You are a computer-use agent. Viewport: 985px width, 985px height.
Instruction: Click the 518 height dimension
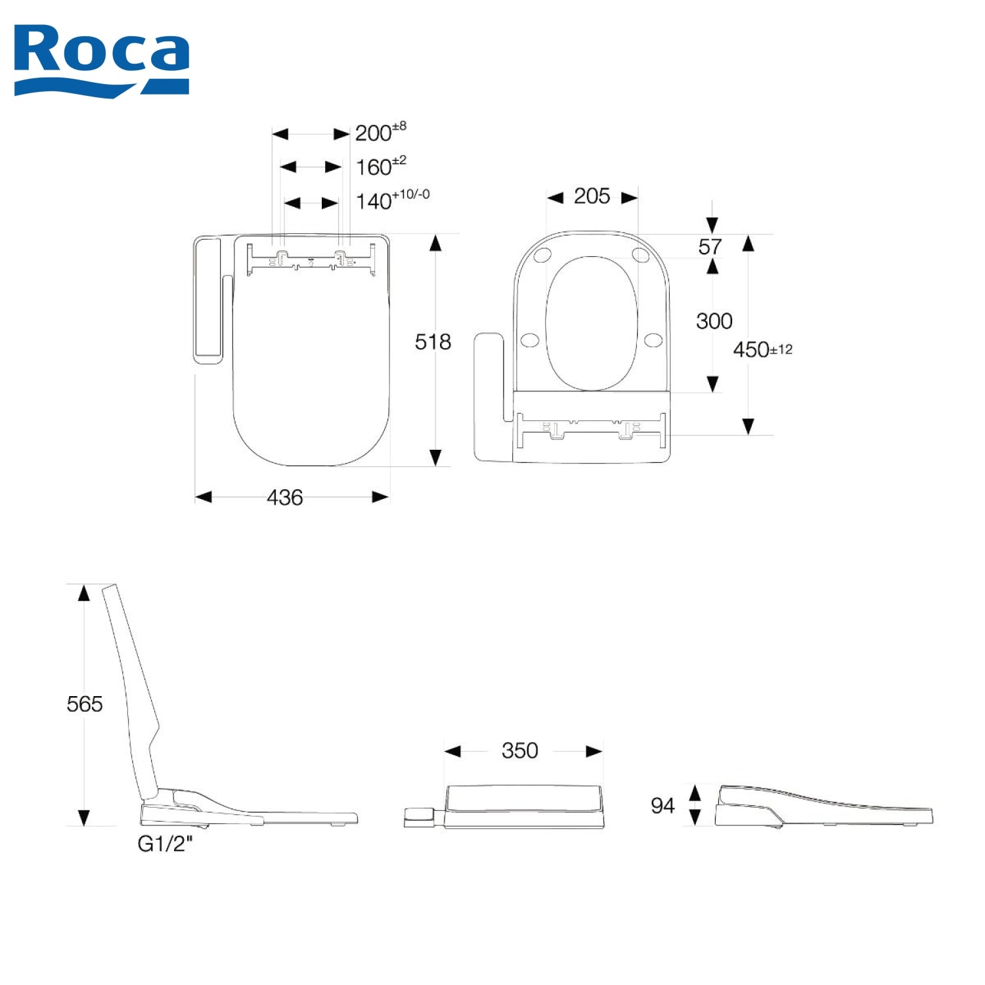click(x=433, y=341)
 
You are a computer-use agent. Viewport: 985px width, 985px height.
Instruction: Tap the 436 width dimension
click(x=284, y=498)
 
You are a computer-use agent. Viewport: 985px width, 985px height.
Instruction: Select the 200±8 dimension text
click(x=380, y=132)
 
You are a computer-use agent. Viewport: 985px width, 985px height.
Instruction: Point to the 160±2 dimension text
click(x=380, y=167)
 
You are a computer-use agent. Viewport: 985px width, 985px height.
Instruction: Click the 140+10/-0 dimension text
click(x=392, y=200)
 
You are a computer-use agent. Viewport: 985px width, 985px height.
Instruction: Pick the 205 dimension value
click(x=592, y=196)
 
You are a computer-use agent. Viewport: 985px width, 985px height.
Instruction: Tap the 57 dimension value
click(x=710, y=247)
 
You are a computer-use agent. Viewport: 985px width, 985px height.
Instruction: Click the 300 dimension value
click(x=714, y=321)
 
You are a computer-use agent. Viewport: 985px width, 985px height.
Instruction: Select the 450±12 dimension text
click(x=762, y=349)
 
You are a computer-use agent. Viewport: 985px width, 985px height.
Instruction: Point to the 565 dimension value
click(x=85, y=704)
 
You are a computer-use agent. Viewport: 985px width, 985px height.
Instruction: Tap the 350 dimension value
click(x=519, y=751)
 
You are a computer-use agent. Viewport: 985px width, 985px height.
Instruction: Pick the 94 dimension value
click(x=662, y=806)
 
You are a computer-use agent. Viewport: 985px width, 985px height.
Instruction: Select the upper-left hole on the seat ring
click(x=542, y=255)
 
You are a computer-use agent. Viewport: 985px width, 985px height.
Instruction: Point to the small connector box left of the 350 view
click(x=419, y=817)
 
